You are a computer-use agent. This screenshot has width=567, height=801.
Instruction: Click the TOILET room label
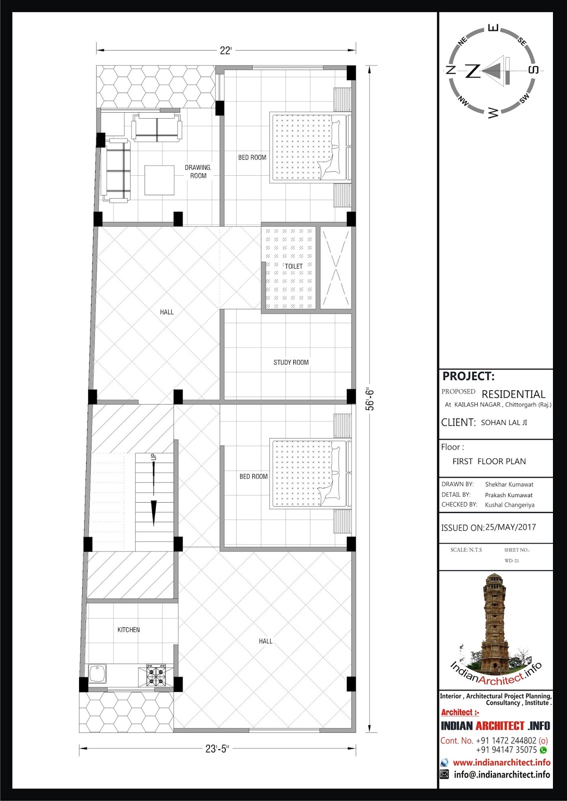point(294,266)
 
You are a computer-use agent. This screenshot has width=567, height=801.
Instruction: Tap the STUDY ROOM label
point(291,362)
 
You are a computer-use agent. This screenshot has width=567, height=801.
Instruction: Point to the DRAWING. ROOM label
point(198,172)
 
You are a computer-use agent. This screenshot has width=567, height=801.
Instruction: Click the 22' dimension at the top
point(226,51)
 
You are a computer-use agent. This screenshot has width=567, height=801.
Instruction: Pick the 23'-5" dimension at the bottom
point(217,749)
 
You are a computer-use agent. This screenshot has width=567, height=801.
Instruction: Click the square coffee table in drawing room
point(160,180)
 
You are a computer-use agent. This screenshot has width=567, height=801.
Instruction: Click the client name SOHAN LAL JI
point(504,423)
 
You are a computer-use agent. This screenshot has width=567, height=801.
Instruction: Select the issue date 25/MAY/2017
point(510,527)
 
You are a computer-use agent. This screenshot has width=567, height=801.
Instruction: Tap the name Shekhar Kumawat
point(509,484)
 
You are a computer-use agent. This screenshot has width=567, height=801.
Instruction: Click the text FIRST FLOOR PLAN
point(489,461)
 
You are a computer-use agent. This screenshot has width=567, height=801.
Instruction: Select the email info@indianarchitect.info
point(502,774)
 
